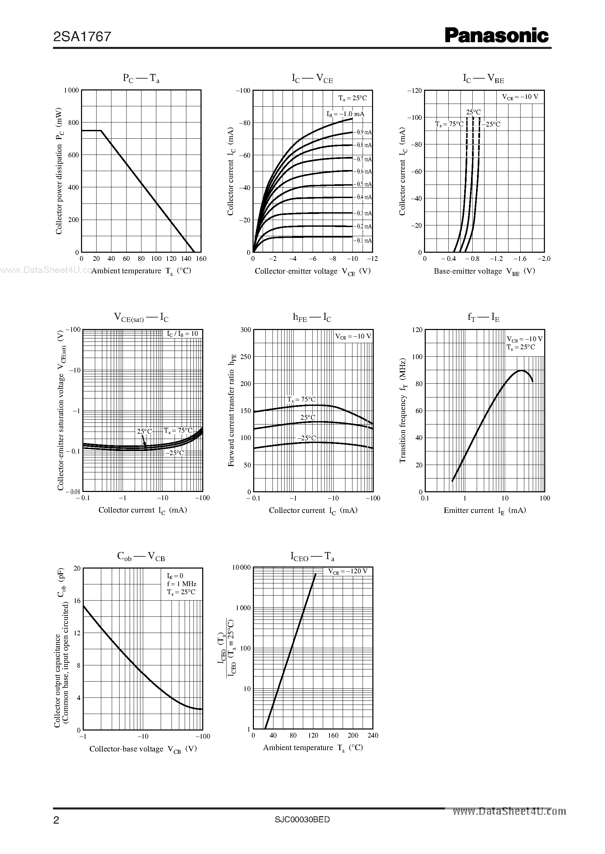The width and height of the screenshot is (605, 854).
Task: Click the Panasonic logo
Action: (x=497, y=36)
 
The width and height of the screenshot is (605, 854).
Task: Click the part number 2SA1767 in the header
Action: (x=82, y=36)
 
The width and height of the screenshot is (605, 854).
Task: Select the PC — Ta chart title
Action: (x=141, y=78)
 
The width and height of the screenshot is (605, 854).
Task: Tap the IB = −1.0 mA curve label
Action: (x=345, y=114)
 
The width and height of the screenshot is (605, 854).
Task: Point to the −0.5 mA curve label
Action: (x=363, y=184)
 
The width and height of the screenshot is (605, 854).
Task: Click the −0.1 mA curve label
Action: (x=363, y=241)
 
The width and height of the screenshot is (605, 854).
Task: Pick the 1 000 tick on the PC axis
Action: (x=72, y=90)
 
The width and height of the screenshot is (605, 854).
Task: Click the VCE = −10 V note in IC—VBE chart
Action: (x=520, y=97)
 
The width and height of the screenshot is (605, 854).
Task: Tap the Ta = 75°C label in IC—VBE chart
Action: (x=449, y=124)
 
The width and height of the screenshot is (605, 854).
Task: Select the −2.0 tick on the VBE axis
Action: (x=544, y=259)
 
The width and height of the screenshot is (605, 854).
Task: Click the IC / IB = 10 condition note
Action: (x=183, y=334)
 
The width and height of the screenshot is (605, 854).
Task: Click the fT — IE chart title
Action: (x=483, y=318)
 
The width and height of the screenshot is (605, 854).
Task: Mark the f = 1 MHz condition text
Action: (x=181, y=584)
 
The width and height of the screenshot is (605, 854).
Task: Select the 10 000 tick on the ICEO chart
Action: (x=241, y=567)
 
